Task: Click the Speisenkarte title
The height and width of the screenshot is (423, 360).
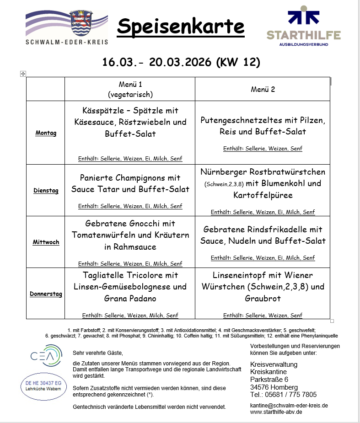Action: [x=181, y=27]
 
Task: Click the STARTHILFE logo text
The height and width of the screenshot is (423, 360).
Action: [x=303, y=35]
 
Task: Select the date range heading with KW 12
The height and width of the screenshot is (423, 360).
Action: [x=181, y=62]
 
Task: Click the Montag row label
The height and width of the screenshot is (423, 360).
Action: [x=46, y=133]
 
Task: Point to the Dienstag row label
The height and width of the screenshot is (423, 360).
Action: [x=46, y=191]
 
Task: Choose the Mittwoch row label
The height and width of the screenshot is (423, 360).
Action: [x=46, y=242]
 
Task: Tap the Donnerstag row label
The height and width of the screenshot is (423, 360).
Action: [x=46, y=294]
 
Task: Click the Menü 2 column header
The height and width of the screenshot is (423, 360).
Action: [x=263, y=89]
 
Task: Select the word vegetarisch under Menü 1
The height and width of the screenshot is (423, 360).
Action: [x=130, y=95]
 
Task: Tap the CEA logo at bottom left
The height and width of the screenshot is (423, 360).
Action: [x=46, y=356]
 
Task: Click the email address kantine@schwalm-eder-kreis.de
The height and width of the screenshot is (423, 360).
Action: [x=289, y=406]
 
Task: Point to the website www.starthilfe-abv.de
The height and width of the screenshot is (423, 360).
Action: [x=276, y=412]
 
